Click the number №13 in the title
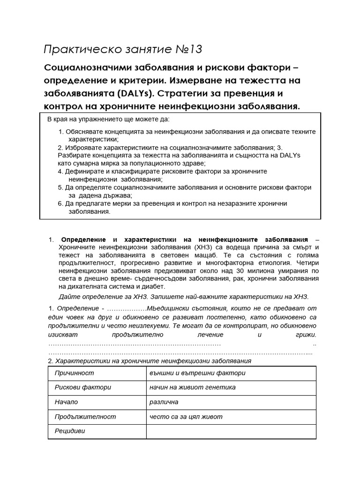189,49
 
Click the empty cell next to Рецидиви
231,431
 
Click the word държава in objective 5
112,195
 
